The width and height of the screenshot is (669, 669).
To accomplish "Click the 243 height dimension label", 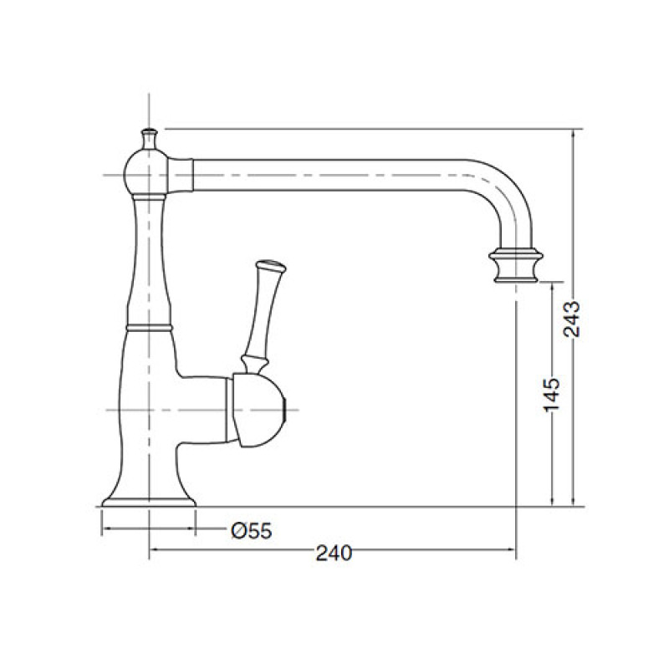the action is point(572,319).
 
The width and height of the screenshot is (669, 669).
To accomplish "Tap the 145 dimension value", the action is point(551,395).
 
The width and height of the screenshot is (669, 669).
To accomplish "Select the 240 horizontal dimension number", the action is point(334,554).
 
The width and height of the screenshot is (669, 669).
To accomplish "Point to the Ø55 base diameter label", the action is point(252,531).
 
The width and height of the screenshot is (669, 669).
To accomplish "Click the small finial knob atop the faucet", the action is point(149,138).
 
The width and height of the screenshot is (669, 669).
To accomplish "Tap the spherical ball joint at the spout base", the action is point(146,172).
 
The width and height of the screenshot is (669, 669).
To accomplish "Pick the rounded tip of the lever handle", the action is point(270,266).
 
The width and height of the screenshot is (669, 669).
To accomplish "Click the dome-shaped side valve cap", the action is point(258,411).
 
